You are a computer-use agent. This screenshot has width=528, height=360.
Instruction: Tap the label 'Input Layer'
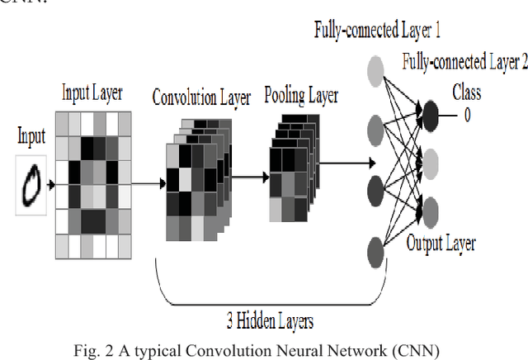[92, 92]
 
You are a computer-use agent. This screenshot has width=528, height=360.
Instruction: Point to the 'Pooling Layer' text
[301, 96]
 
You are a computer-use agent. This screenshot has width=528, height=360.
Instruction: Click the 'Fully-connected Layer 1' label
[377, 31]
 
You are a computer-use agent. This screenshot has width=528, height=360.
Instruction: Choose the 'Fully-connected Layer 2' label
[464, 61]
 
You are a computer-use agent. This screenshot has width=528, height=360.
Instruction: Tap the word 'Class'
[466, 92]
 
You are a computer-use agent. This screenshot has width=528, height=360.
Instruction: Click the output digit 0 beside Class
[467, 116]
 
